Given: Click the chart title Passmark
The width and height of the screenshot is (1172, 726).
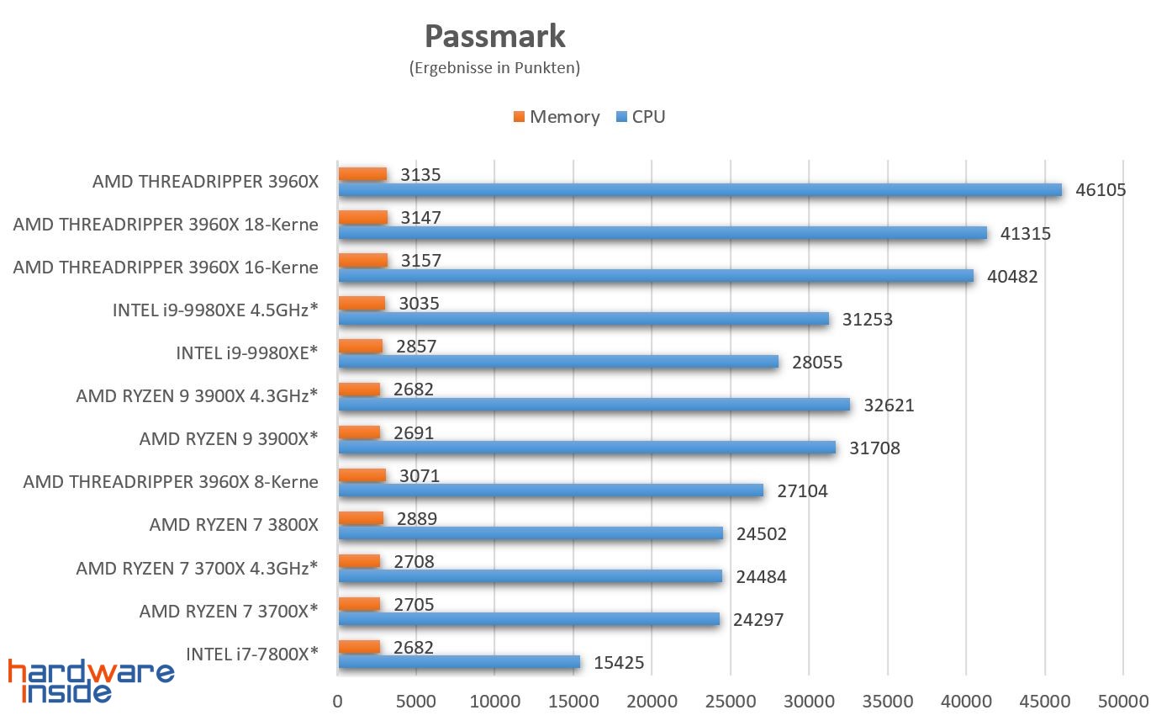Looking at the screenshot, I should tap(494, 36).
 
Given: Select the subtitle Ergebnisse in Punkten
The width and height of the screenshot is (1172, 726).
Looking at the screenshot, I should tap(494, 68).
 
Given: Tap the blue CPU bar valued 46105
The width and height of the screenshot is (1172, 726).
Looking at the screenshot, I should tap(700, 190).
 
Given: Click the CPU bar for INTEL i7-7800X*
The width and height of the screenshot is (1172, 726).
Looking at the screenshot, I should tap(459, 662).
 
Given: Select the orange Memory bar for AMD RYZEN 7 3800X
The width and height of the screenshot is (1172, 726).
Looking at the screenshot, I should tap(361, 518).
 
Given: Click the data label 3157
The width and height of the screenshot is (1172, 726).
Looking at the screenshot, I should tap(420, 261).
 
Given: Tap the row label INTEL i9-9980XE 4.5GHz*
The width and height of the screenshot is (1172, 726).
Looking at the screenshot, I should tap(215, 310).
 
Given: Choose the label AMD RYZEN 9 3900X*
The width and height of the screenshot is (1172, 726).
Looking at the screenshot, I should tap(229, 438).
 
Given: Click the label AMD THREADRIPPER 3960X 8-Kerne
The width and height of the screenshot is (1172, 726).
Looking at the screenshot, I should tap(171, 482).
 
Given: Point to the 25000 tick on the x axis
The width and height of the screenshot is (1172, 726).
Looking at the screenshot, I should tap(730, 701).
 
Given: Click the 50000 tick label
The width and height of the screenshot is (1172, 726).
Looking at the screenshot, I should tap(1122, 701).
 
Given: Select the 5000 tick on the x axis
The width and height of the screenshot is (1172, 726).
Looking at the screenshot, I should tap(416, 701).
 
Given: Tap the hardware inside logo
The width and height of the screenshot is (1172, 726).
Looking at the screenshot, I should tap(91, 680).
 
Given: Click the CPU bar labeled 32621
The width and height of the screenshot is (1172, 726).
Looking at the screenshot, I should tap(594, 405).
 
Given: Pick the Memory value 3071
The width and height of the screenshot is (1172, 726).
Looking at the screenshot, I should tap(420, 476).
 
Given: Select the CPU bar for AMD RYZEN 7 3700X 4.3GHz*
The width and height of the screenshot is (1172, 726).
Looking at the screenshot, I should tap(530, 576).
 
